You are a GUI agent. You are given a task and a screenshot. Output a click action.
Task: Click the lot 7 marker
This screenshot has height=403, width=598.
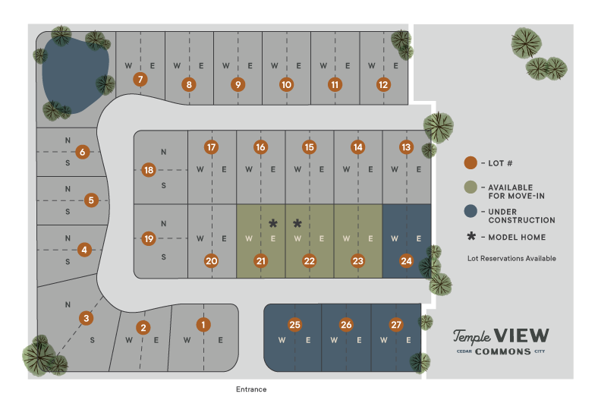click(x=140, y=79)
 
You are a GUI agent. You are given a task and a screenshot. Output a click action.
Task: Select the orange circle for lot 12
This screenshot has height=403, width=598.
click(x=383, y=85)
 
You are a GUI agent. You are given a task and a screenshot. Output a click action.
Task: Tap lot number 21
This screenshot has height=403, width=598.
click(x=261, y=261)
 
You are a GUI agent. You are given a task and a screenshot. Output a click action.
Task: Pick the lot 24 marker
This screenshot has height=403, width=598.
click(x=407, y=261)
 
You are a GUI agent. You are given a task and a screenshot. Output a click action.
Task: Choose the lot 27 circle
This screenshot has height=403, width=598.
click(x=396, y=325)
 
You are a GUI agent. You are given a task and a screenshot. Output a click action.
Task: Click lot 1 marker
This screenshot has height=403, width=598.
click(x=203, y=325)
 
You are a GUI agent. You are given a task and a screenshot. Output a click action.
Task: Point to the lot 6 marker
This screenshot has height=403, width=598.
click(x=83, y=152)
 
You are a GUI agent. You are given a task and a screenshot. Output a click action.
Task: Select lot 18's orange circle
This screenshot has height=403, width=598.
click(x=149, y=170)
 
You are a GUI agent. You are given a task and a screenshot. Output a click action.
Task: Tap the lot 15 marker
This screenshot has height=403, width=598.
click(x=309, y=147)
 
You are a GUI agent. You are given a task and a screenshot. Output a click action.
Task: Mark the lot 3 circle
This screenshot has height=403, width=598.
click(x=87, y=318)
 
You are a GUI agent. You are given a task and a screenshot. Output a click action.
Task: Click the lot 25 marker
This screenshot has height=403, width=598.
click(x=295, y=325)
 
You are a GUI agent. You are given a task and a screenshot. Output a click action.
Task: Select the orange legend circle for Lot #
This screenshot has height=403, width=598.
click(x=471, y=162)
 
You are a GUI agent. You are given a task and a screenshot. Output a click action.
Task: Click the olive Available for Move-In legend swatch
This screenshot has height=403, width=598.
click(x=471, y=187)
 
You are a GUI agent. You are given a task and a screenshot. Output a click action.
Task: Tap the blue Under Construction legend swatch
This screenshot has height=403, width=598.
click(x=471, y=212)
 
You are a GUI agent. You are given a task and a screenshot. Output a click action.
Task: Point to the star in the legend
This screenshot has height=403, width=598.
click(x=471, y=237)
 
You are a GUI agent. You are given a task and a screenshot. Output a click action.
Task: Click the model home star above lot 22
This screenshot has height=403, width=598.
click(x=297, y=224)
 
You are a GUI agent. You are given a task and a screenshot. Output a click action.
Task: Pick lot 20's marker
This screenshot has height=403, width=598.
click(x=212, y=261)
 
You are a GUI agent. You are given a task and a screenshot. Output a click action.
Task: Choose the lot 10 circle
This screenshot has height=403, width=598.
click(x=286, y=85)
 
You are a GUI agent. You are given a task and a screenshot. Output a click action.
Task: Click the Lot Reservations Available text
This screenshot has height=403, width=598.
click(x=511, y=259)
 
